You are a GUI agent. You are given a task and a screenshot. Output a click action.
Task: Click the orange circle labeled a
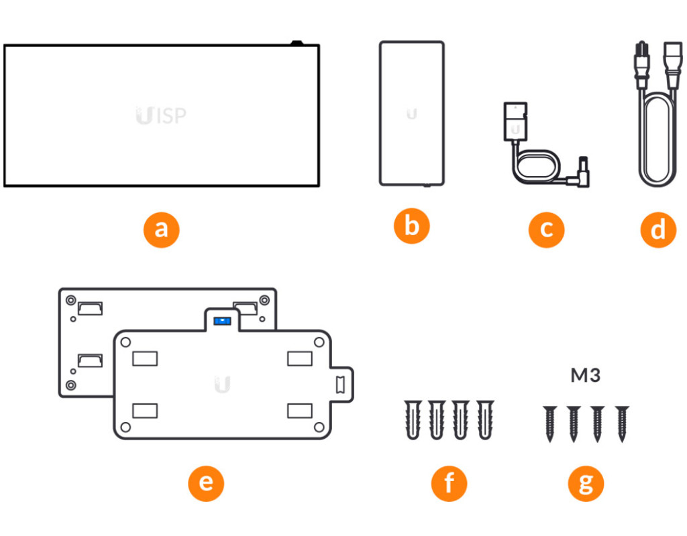(161, 230)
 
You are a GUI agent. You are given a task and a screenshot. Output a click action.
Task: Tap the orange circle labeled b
(411, 226)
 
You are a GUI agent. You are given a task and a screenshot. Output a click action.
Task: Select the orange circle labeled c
(546, 230)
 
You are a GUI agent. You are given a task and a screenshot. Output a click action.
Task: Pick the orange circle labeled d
(658, 230)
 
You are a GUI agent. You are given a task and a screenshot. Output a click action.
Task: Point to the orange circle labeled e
(206, 483)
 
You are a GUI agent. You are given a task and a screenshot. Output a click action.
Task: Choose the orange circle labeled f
(449, 483)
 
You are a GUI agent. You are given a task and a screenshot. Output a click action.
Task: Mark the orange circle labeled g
(586, 483)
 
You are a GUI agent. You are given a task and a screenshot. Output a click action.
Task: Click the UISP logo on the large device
(161, 115)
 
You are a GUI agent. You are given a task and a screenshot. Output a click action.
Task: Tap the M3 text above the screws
(585, 375)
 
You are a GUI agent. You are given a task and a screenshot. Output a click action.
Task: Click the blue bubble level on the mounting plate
(222, 321)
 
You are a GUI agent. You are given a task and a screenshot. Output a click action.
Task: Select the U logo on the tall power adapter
(411, 114)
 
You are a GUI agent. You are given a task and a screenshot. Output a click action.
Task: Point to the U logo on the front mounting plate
(222, 384)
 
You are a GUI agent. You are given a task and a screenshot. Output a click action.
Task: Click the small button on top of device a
(297, 43)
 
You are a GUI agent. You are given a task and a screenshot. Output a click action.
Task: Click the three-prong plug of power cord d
(642, 66)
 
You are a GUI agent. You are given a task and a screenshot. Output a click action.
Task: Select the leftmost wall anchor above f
(413, 419)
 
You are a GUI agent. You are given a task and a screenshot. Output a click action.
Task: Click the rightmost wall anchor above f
(485, 419)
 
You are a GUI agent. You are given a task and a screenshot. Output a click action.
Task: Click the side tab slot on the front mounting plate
(340, 385)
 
